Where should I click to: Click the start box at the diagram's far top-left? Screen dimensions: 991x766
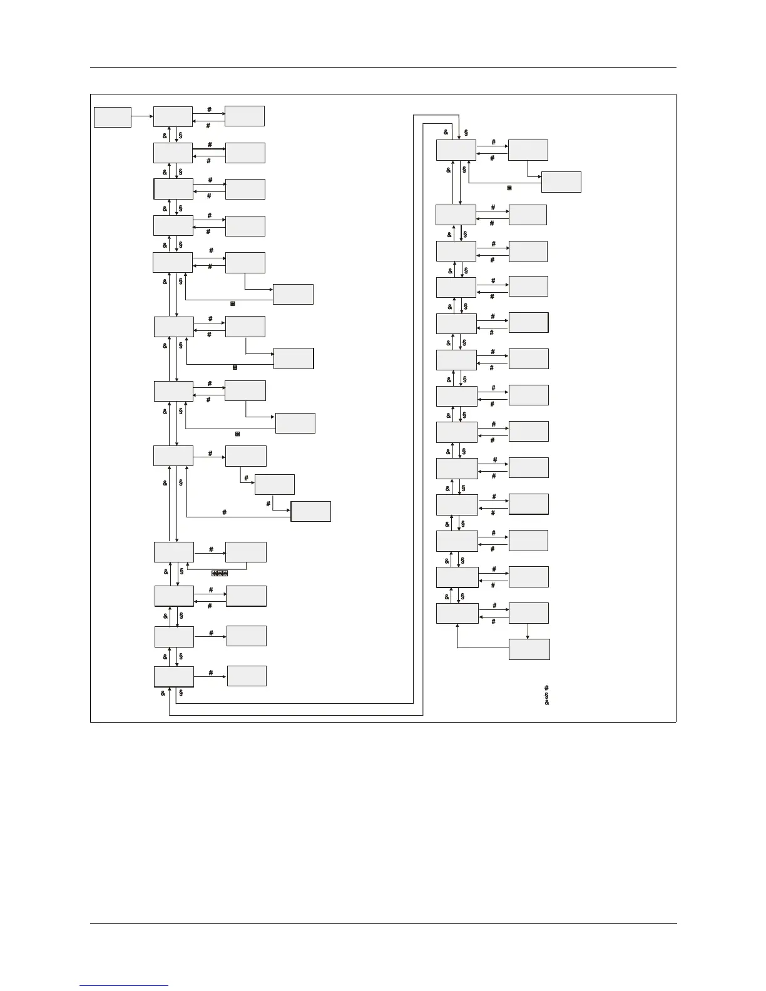click(x=113, y=117)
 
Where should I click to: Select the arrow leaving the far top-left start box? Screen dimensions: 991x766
click(x=142, y=116)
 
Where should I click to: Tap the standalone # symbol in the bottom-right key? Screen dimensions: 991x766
click(x=547, y=688)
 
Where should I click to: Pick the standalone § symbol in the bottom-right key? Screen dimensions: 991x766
click(x=547, y=695)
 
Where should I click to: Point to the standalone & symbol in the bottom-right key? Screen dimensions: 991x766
click(x=547, y=703)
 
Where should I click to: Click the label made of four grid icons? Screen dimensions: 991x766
click(x=220, y=573)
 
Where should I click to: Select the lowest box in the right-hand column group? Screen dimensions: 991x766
click(x=529, y=649)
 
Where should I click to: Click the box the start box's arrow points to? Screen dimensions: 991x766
click(x=173, y=116)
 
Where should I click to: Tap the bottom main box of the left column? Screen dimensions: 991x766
click(x=174, y=676)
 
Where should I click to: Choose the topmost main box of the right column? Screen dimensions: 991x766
click(x=456, y=150)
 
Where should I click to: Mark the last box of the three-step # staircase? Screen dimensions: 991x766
click(x=311, y=511)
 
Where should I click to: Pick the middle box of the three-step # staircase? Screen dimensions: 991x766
click(x=275, y=485)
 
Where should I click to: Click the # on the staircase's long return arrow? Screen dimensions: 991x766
click(x=224, y=512)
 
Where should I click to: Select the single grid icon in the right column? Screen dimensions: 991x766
click(x=509, y=188)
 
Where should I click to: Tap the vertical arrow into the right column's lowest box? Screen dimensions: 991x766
click(x=528, y=631)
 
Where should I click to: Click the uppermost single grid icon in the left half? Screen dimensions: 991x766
click(x=233, y=303)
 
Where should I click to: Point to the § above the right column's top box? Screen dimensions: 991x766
click(x=466, y=132)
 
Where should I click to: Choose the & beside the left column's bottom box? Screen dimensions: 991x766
click(x=163, y=693)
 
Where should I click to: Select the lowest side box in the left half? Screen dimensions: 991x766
click(x=247, y=676)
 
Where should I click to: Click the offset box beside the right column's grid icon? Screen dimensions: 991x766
click(x=561, y=182)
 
